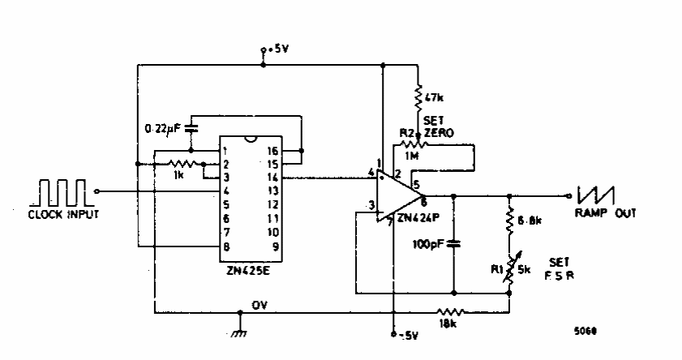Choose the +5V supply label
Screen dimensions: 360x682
pyautogui.click(x=277, y=49)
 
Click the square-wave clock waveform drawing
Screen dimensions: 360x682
pyautogui.click(x=59, y=194)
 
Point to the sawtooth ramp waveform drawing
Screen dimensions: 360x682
pyautogui.click(x=596, y=195)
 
